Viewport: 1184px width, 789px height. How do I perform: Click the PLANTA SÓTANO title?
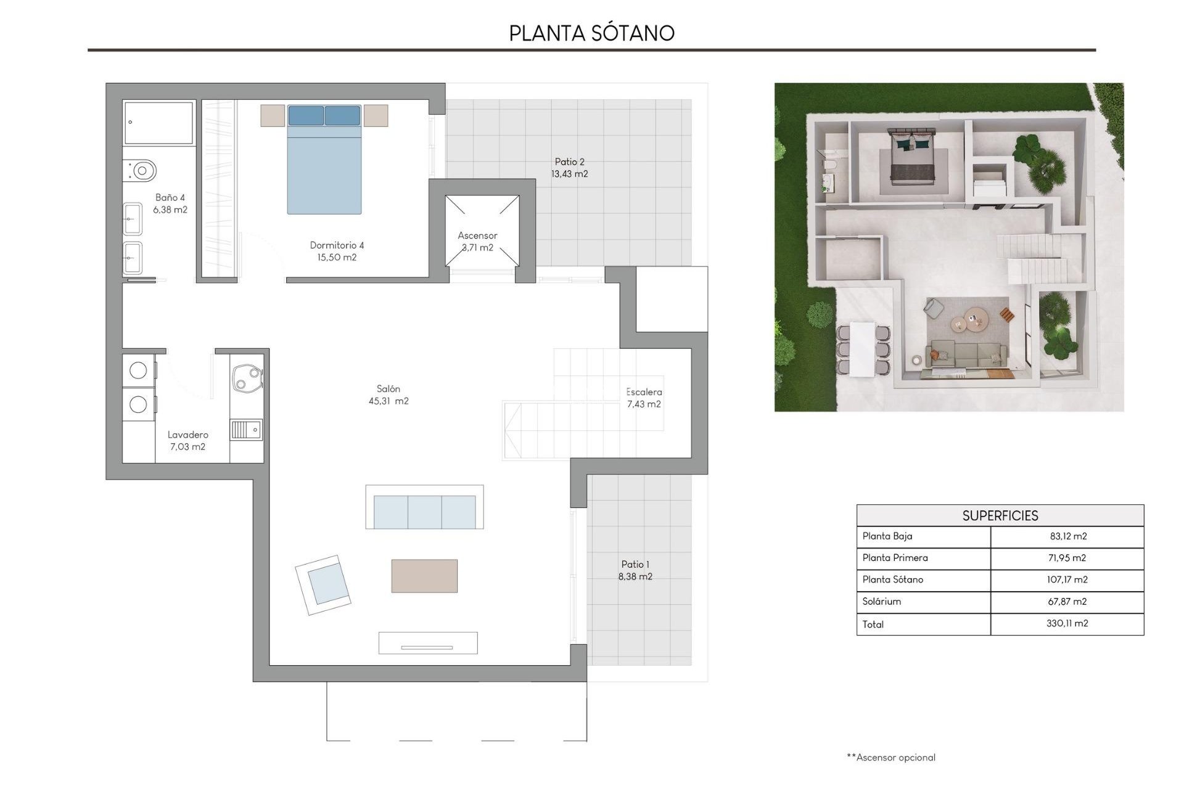[x=591, y=33]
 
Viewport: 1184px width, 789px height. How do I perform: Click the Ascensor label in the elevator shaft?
[x=477, y=235]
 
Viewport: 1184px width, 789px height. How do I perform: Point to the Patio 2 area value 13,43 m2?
[x=569, y=174]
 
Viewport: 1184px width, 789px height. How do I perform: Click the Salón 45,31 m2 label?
[x=388, y=394]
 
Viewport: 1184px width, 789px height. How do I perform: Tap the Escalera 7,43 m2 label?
[x=644, y=398]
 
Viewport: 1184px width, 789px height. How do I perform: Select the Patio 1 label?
[x=635, y=564]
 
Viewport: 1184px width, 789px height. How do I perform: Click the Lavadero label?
[x=187, y=435]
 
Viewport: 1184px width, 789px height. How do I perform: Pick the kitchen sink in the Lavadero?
[x=247, y=429]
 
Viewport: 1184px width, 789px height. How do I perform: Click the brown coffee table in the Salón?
[x=424, y=576]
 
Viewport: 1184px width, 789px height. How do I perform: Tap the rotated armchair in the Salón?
[x=323, y=585]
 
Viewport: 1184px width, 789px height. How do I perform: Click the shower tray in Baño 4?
[x=158, y=123]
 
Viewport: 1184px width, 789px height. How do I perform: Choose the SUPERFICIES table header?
[x=1000, y=515]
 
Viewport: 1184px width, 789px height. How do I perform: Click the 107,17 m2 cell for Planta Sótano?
[x=1067, y=579]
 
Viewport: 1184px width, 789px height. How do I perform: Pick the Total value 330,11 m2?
[x=1067, y=623]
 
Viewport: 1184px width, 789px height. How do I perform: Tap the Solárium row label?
[x=882, y=601]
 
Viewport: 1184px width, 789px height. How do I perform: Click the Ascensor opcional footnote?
[x=891, y=757]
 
